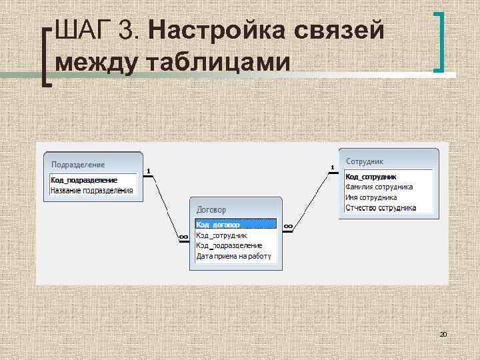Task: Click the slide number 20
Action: click(x=443, y=333)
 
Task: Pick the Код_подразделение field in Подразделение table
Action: click(x=84, y=180)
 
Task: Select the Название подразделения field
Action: click(x=91, y=191)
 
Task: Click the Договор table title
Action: click(x=213, y=208)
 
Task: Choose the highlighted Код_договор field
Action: click(x=218, y=225)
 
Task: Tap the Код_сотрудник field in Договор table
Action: click(x=222, y=235)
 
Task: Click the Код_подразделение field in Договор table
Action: click(x=229, y=245)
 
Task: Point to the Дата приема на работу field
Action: click(x=233, y=256)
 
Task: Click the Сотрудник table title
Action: click(x=365, y=161)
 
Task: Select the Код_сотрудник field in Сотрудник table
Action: click(x=371, y=177)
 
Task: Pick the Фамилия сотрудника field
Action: click(x=379, y=187)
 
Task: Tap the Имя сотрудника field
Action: click(x=371, y=197)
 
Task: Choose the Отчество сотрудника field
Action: click(x=380, y=208)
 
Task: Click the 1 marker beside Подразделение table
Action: click(x=148, y=170)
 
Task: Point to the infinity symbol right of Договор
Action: click(x=288, y=227)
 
